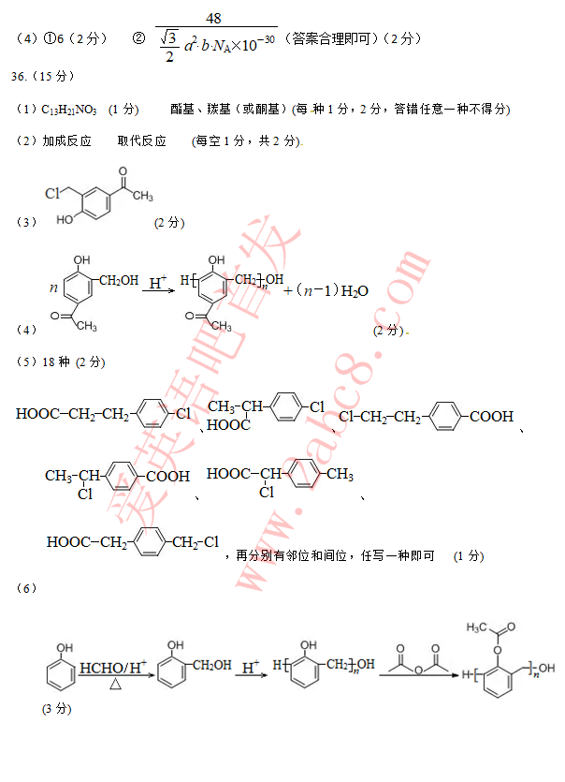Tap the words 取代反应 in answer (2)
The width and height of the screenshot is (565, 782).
coord(142,141)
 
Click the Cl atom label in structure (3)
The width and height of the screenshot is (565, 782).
coord(53,194)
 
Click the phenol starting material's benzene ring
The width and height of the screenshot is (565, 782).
coord(61,675)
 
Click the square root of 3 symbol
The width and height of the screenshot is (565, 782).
coord(168,38)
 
